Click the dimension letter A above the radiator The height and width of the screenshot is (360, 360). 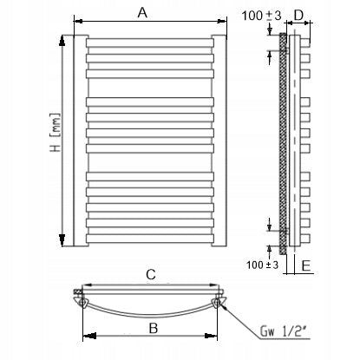[142, 13]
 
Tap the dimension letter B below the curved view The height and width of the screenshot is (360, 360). [154, 328]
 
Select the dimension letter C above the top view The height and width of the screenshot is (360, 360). [151, 275]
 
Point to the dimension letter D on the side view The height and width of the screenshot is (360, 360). [298, 16]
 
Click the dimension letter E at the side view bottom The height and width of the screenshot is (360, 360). [306, 265]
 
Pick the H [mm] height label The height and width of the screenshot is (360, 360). [56, 132]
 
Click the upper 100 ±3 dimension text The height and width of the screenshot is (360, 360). [261, 16]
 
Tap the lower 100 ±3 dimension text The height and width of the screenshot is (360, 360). [263, 265]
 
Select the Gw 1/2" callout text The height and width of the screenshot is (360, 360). [283, 331]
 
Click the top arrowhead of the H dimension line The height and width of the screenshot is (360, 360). [62, 41]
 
